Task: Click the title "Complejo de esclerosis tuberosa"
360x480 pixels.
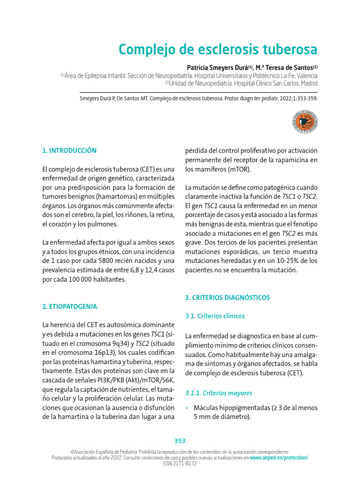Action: click(x=217, y=50)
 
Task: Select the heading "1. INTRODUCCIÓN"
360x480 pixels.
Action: click(x=69, y=150)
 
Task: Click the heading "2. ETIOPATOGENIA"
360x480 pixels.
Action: click(x=70, y=307)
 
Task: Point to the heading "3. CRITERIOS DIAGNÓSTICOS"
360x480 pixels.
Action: click(x=227, y=298)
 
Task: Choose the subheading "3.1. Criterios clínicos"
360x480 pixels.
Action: click(x=215, y=316)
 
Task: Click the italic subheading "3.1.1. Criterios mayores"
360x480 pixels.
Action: click(x=218, y=393)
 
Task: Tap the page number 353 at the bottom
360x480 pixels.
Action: click(x=180, y=441)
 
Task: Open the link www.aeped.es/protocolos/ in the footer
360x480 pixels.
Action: click(x=279, y=457)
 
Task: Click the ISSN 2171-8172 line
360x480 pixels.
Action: click(x=180, y=463)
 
